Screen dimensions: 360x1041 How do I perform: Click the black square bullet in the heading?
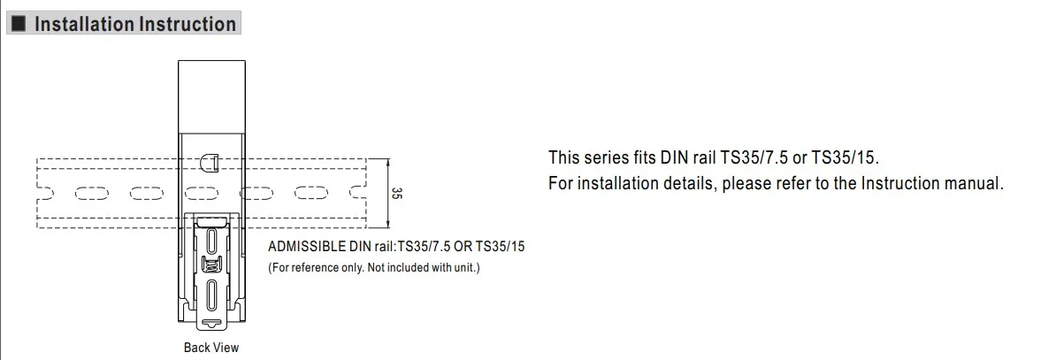click(20, 24)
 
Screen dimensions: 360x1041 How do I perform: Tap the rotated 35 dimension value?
click(398, 193)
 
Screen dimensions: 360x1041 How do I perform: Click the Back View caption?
click(211, 348)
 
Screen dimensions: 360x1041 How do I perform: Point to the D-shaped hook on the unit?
click(210, 163)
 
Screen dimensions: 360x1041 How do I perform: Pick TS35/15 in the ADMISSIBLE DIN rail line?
click(501, 246)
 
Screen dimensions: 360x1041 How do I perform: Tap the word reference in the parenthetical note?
click(311, 267)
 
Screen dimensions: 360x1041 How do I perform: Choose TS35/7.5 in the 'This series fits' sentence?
click(757, 158)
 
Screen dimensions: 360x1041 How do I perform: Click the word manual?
click(977, 184)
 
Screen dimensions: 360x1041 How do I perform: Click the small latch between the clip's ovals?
click(210, 266)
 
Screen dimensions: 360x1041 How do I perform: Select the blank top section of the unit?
click(210, 93)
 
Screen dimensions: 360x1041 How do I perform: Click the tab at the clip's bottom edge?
click(210, 323)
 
